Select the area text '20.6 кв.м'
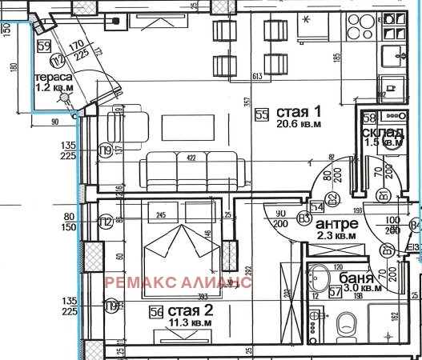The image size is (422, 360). [x=299, y=126]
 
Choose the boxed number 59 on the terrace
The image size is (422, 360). [x=44, y=46]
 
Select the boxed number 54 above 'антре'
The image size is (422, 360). [x=316, y=206]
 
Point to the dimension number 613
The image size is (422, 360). [x=257, y=76]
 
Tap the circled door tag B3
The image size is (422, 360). [x=304, y=217]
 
